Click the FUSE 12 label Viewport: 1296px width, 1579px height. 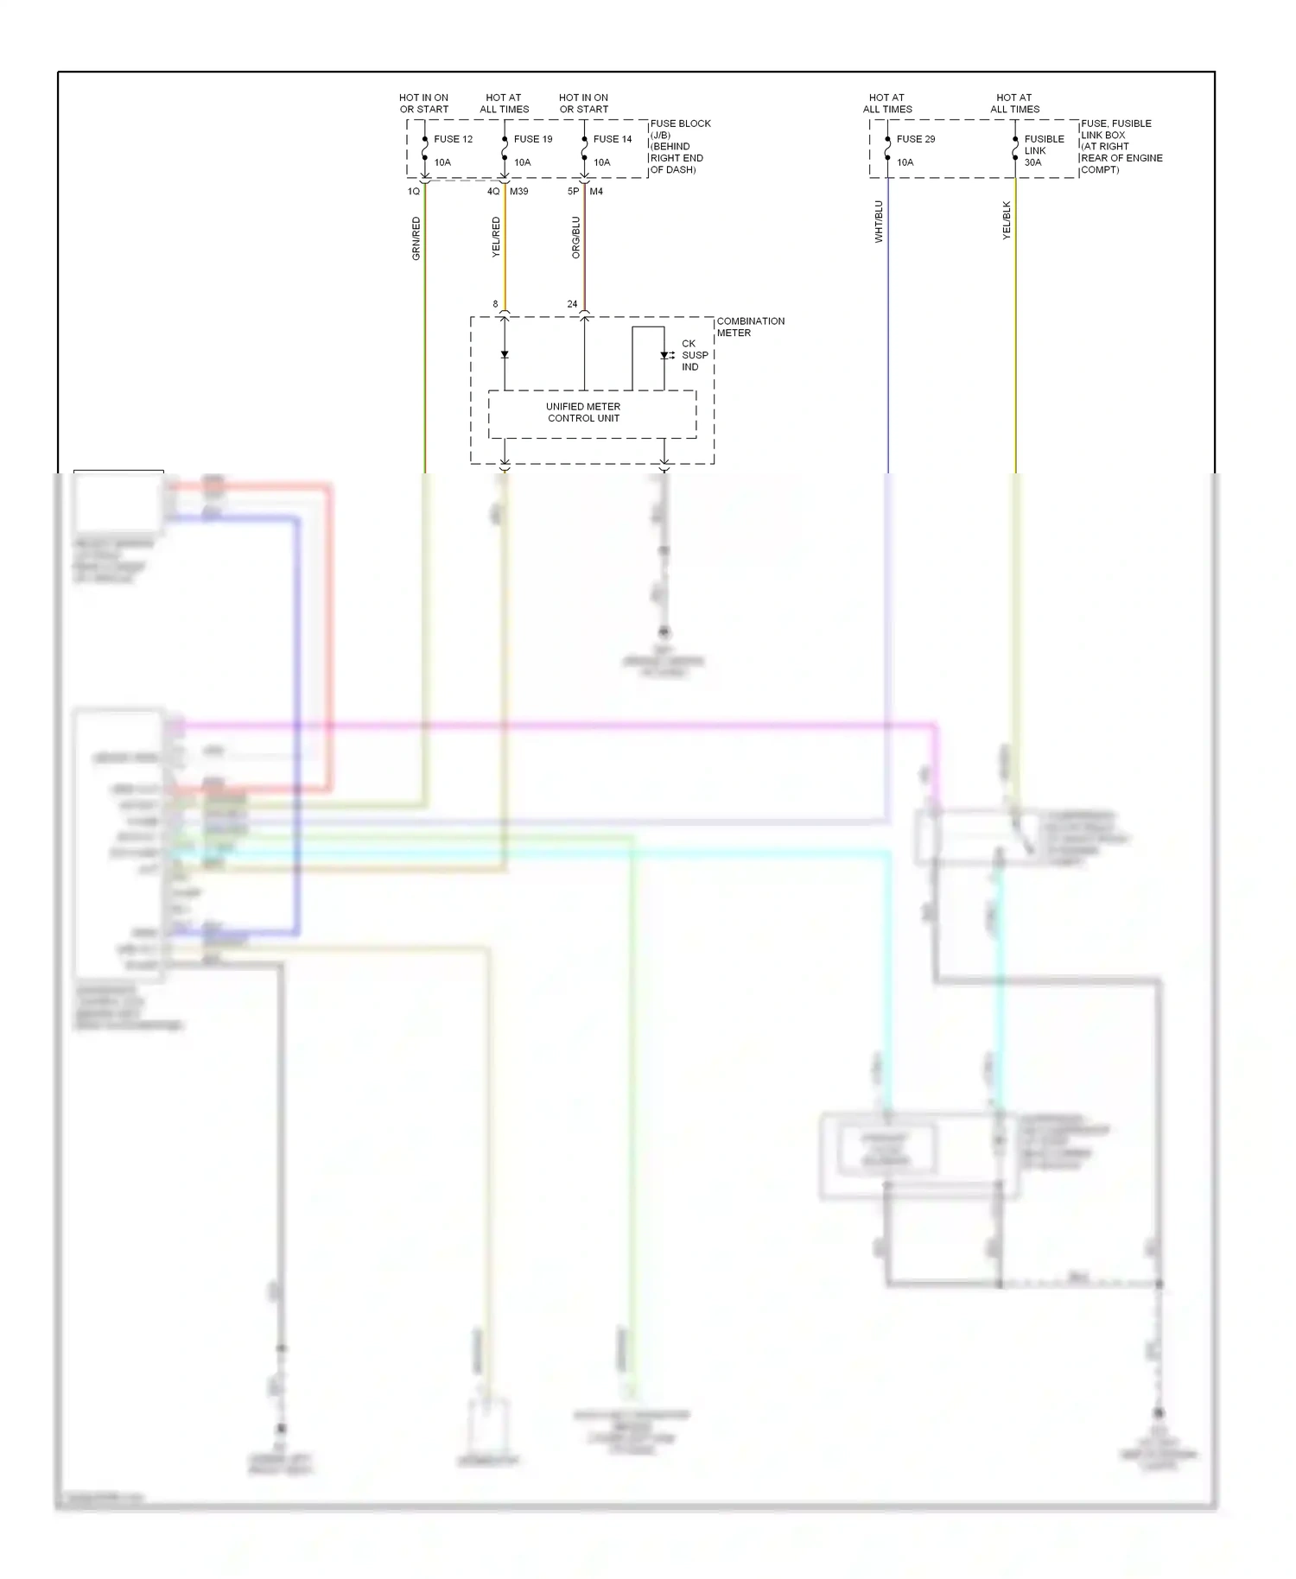[x=453, y=139]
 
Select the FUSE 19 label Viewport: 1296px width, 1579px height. [x=532, y=139]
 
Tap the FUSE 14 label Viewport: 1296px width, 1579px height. [x=613, y=139]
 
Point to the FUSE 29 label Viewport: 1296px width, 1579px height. [x=915, y=139]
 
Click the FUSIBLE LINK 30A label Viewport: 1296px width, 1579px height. [x=1044, y=150]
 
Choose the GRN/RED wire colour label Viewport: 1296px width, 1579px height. [x=416, y=238]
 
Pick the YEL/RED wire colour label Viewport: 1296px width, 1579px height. [x=496, y=237]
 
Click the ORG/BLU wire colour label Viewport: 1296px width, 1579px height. [x=576, y=238]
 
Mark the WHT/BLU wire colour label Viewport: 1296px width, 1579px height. [x=880, y=221]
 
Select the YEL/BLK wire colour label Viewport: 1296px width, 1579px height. [x=1007, y=220]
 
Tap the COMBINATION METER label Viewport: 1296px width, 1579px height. [x=750, y=327]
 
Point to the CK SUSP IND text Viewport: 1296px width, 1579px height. [x=694, y=355]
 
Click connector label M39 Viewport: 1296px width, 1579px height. [x=518, y=192]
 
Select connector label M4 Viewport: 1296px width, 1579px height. [x=596, y=192]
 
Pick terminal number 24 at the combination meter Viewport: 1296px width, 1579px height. [x=572, y=304]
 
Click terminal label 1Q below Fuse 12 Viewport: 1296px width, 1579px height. [x=413, y=192]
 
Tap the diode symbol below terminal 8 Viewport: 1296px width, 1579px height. [x=505, y=354]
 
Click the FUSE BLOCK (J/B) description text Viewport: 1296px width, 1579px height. [x=680, y=146]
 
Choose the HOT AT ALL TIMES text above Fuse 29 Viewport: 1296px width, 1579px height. [x=887, y=104]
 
